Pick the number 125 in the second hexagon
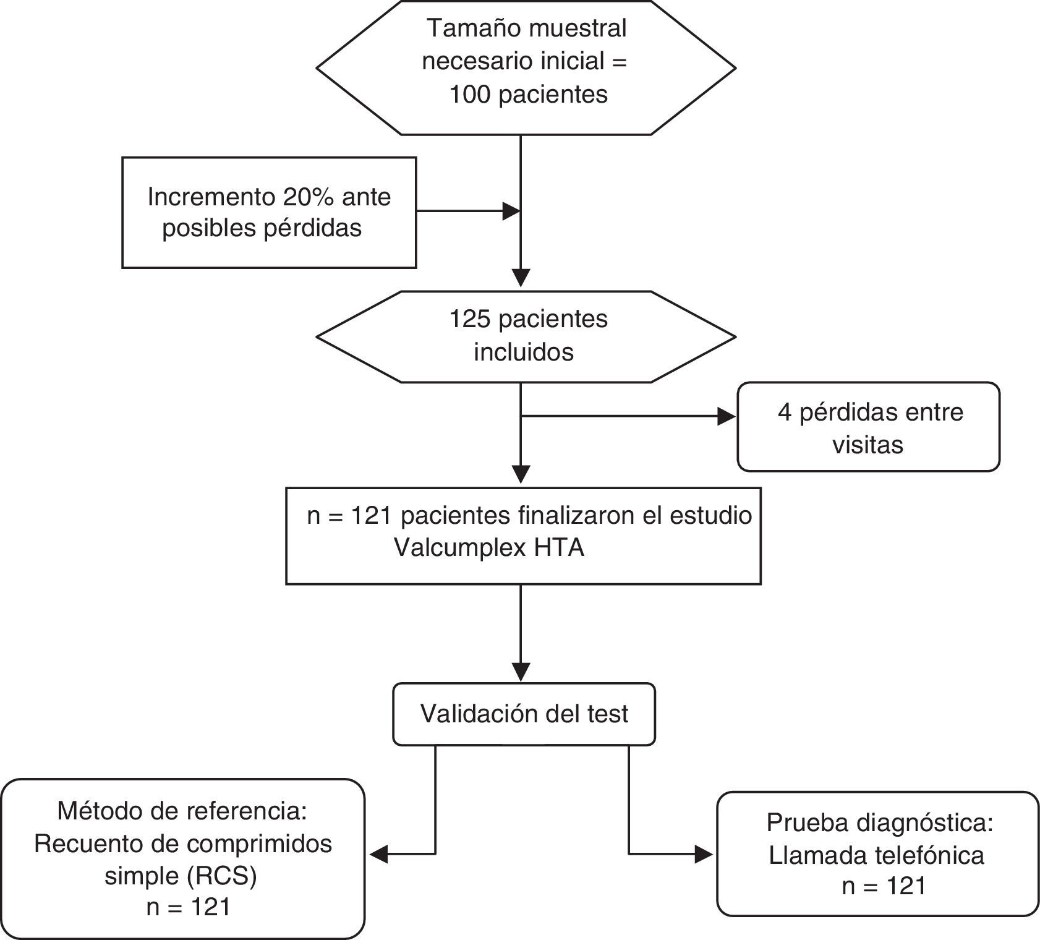coord(470,319)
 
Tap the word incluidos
coord(524,352)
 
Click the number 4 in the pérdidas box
coord(785,412)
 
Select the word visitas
coord(867,445)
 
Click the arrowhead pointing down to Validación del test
coord(521,672)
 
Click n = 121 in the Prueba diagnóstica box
coord(884,887)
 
